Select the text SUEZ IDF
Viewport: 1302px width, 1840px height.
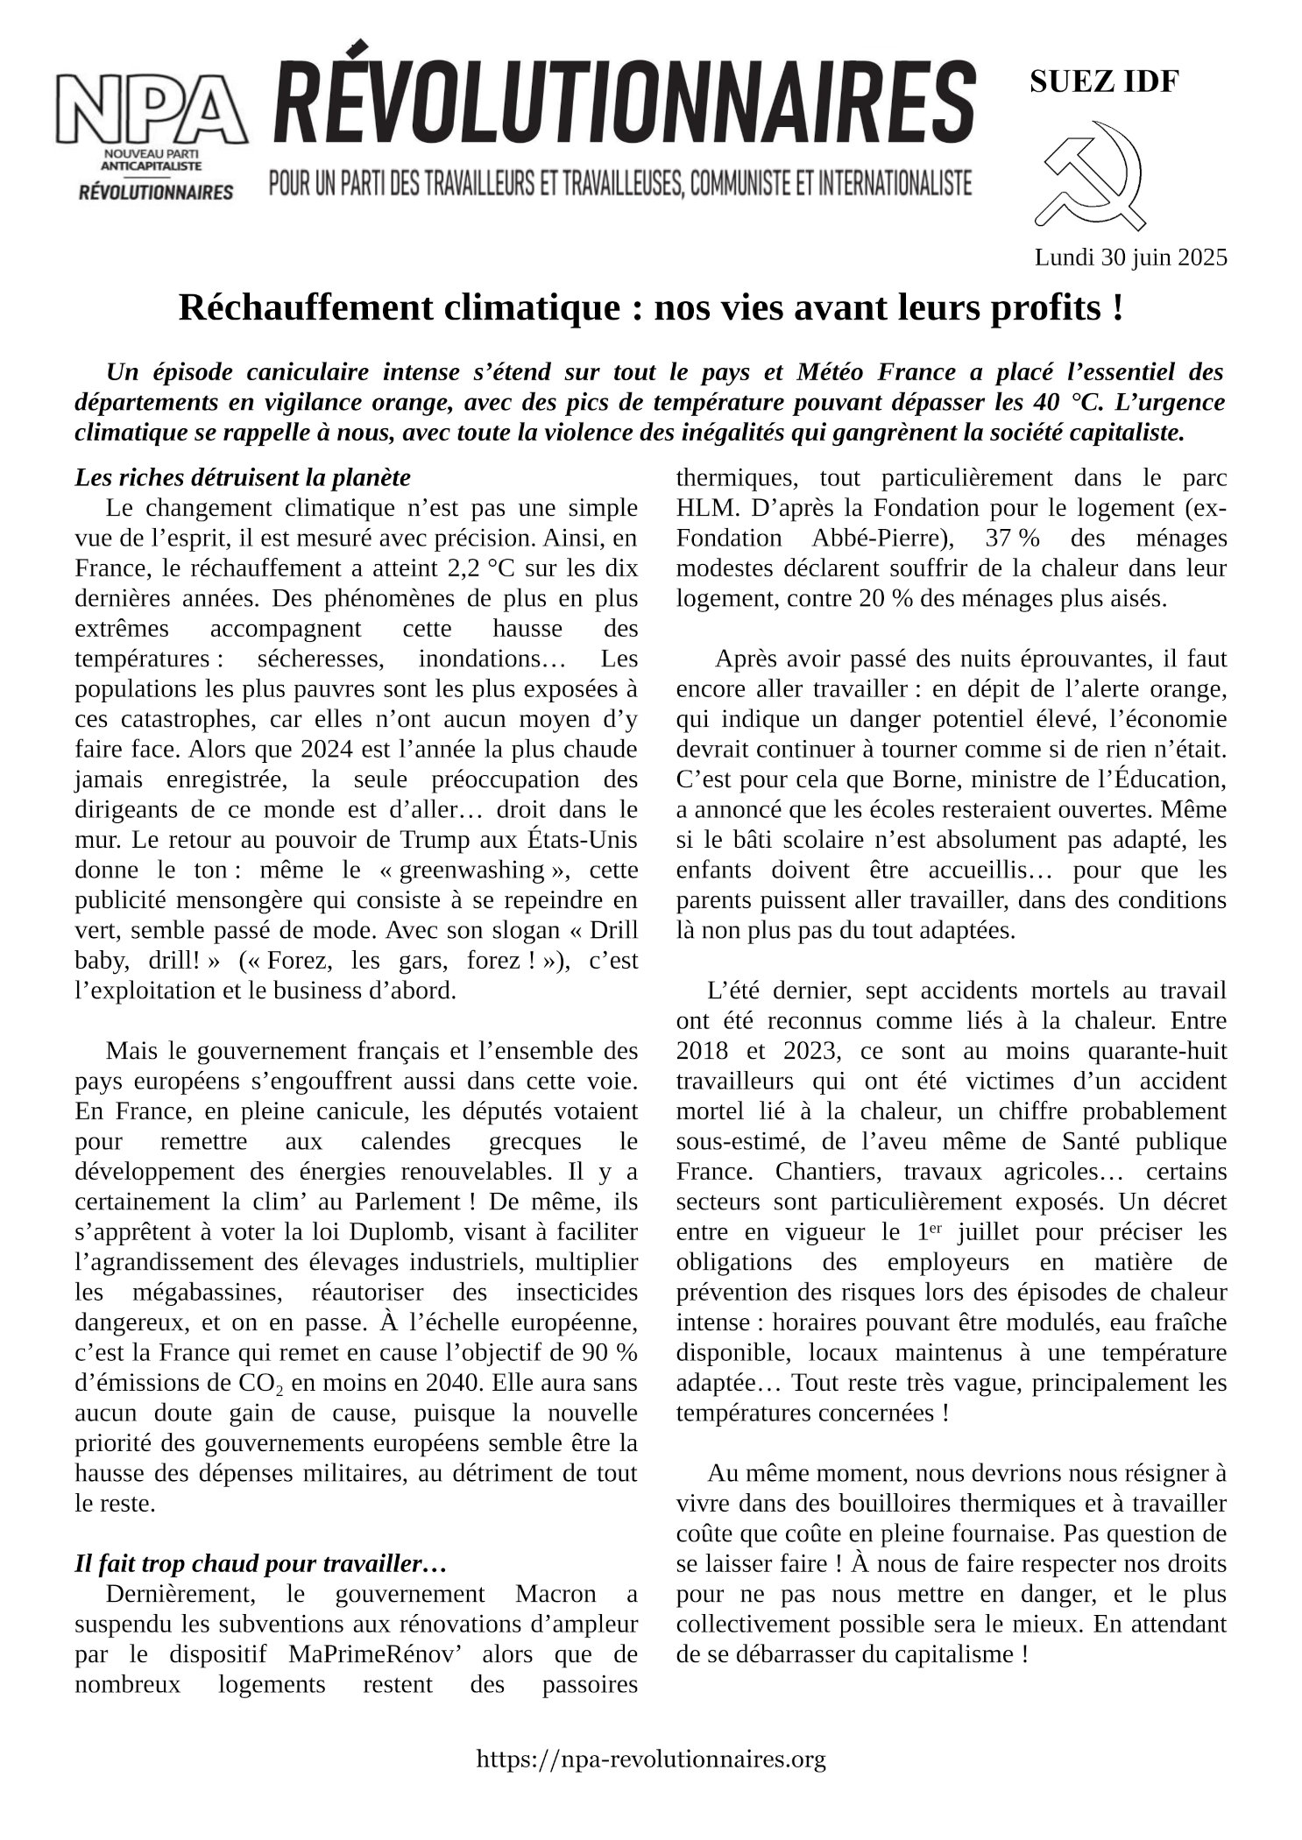(x=1103, y=81)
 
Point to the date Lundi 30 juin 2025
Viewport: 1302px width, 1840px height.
(x=1130, y=257)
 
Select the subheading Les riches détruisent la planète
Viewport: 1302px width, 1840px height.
(x=243, y=478)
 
